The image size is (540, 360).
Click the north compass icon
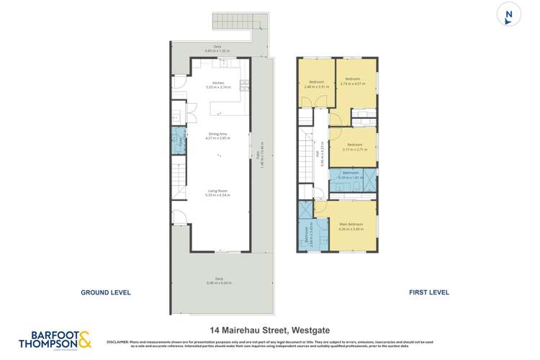tap(509, 15)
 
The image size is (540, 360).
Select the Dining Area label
tap(217, 135)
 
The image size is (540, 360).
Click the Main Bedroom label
tap(353, 225)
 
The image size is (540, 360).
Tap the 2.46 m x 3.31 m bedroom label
tap(317, 84)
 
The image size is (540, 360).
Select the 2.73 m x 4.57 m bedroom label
tap(352, 81)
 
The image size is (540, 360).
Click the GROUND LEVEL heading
tap(105, 292)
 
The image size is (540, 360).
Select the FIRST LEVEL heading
tap(428, 292)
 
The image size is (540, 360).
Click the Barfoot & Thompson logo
tap(55, 341)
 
